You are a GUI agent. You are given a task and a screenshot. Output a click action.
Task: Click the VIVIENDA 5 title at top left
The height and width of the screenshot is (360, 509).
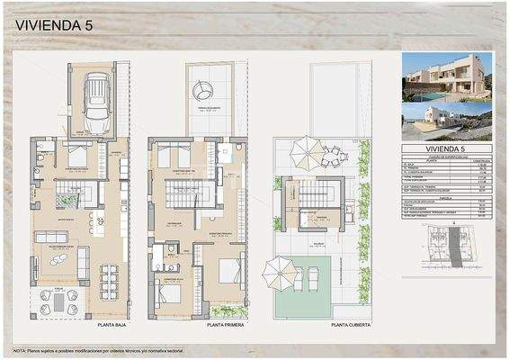(55, 26)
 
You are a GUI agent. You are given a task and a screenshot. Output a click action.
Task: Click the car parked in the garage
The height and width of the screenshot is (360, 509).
(95, 95)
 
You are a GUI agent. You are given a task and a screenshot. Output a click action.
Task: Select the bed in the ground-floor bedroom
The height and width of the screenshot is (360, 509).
(76, 157)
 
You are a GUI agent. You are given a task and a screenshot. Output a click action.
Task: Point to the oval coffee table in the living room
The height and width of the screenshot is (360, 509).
(59, 259)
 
